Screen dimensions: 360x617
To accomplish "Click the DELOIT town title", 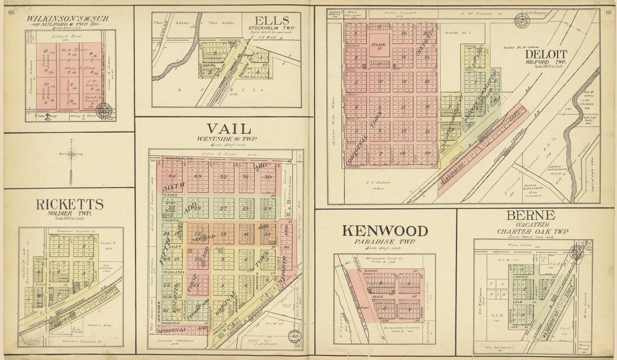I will [x=546, y=54].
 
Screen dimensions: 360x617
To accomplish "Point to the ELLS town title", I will [x=275, y=21].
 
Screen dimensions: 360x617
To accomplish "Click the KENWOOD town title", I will [x=385, y=230].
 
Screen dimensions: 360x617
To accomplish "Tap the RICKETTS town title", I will [x=70, y=204].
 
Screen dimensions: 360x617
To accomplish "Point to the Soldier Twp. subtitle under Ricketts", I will [x=70, y=214].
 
